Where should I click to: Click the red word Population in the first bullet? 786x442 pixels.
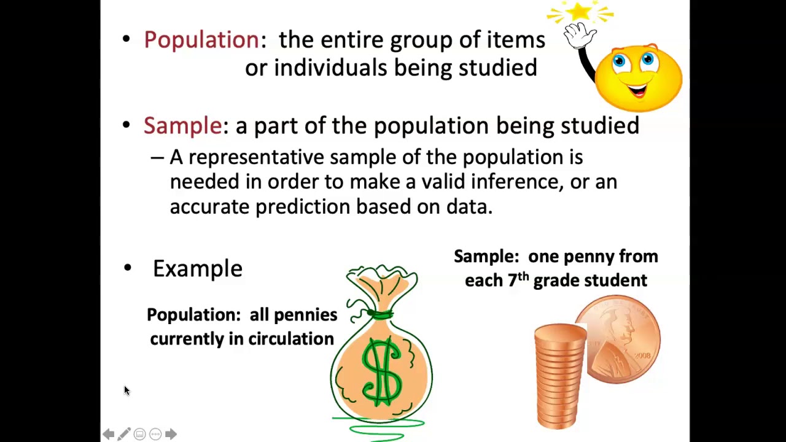click(201, 40)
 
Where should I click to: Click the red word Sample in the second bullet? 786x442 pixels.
click(182, 125)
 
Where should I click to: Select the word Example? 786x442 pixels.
click(197, 268)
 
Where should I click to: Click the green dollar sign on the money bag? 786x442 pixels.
click(381, 371)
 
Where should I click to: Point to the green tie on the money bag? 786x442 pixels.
click(381, 315)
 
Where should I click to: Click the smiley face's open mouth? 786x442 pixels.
click(637, 91)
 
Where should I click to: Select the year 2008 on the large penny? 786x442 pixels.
click(642, 355)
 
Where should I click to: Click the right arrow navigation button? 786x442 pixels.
click(171, 434)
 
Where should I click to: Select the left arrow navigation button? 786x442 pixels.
click(108, 434)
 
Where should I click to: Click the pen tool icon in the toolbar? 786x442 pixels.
click(123, 434)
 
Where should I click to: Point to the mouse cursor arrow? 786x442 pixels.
click(126, 390)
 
